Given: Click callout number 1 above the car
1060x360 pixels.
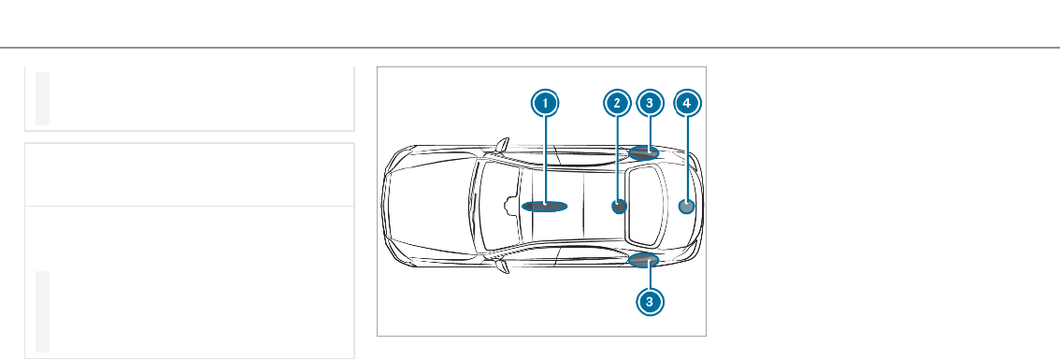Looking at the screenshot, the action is click(x=545, y=104).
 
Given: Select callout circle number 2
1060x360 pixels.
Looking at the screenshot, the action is click(x=617, y=104).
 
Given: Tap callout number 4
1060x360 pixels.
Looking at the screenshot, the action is click(x=688, y=104).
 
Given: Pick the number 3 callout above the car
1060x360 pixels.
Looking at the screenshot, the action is click(x=650, y=104).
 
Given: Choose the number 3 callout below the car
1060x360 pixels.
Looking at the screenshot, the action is click(x=650, y=302).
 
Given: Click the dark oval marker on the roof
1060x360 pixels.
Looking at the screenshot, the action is click(x=544, y=207).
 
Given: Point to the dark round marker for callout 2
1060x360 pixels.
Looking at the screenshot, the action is click(x=619, y=207).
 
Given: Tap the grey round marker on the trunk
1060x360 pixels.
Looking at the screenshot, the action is click(x=686, y=207).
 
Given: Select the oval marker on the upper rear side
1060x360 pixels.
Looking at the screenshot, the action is click(x=643, y=153).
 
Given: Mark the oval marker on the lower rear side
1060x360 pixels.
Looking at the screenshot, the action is click(x=643, y=260).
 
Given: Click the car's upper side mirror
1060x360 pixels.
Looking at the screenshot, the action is click(x=502, y=145).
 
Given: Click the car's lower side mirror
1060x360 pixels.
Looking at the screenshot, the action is click(x=502, y=267).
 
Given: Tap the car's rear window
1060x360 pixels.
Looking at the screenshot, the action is click(x=646, y=207).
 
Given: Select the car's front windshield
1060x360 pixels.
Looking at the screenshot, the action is click(x=500, y=207).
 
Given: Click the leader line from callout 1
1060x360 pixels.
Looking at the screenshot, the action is click(x=545, y=161).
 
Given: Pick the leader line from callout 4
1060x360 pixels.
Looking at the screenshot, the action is click(x=688, y=160).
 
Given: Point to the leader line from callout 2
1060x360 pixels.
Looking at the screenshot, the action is click(x=617, y=160).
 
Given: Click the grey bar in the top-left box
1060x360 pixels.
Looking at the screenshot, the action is click(x=43, y=98).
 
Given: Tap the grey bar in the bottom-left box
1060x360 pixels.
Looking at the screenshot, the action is click(x=43, y=312).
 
